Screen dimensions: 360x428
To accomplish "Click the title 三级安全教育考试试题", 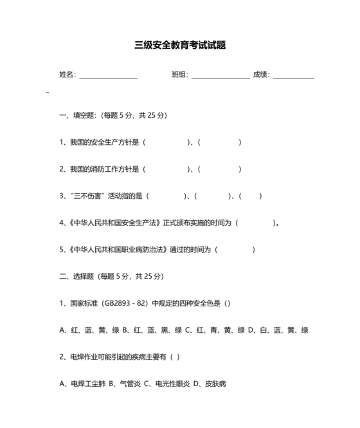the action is [180, 46].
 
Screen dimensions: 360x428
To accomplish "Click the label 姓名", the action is [67, 75].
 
